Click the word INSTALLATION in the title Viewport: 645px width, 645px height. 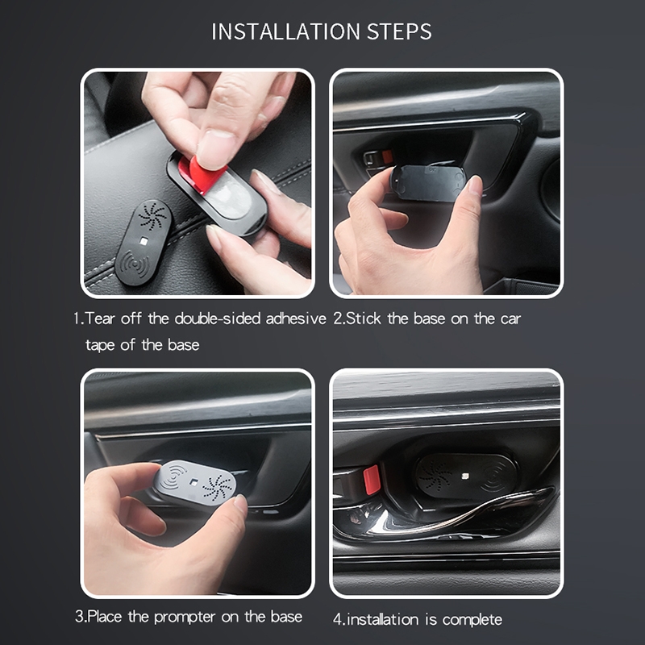click(286, 31)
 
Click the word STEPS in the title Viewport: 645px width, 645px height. click(399, 31)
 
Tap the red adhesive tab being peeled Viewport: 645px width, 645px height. click(198, 173)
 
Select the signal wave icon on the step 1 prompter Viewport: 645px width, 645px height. click(133, 264)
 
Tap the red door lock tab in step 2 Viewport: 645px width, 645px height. click(387, 156)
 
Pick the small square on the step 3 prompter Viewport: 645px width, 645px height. click(193, 481)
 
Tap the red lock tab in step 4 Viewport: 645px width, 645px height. click(372, 479)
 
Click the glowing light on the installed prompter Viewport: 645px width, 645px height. click(466, 476)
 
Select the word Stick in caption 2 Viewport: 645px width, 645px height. click(364, 318)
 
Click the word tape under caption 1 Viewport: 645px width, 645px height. click(99, 346)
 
